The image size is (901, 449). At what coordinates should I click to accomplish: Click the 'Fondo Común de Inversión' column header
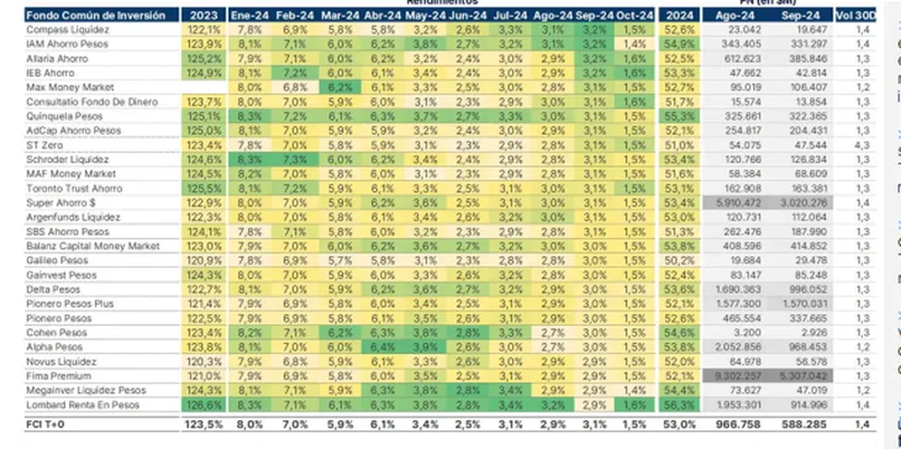point(95,15)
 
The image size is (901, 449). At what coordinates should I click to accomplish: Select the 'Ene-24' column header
point(249,15)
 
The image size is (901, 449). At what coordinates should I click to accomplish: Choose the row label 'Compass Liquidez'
point(68,30)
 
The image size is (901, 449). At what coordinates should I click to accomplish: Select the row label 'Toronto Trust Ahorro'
point(74,188)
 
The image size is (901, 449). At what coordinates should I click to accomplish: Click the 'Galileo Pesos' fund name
point(57,261)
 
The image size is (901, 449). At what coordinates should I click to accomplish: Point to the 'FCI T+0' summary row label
point(44,425)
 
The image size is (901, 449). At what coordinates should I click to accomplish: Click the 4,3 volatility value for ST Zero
point(863,145)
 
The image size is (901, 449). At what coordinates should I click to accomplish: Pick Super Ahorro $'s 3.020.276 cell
point(806,203)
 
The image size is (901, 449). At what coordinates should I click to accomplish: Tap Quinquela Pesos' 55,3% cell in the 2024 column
point(679,116)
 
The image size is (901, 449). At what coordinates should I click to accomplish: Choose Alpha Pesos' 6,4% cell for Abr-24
point(382,347)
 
